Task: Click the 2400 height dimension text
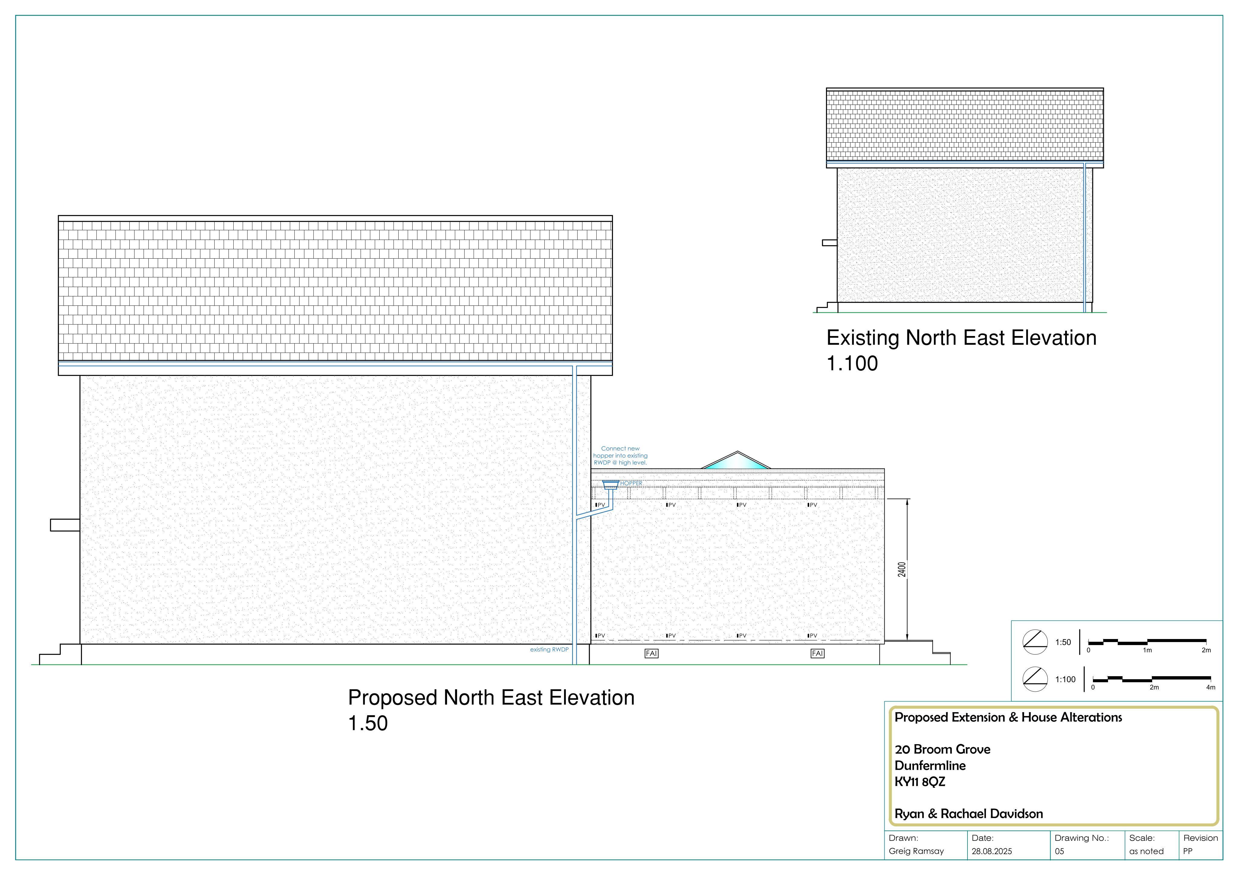(902, 569)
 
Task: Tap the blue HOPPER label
(631, 483)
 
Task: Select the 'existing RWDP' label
(549, 650)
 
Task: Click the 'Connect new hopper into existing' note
(620, 452)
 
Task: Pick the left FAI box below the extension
(651, 654)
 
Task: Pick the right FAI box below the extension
(818, 654)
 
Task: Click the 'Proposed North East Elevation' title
(491, 698)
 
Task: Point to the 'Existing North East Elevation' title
(961, 338)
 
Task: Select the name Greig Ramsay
(916, 851)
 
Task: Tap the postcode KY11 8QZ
(920, 782)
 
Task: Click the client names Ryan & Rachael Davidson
(968, 814)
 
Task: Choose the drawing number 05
(1060, 851)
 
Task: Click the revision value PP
(1188, 851)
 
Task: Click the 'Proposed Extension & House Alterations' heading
(1008, 718)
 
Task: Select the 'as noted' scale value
(1146, 851)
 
